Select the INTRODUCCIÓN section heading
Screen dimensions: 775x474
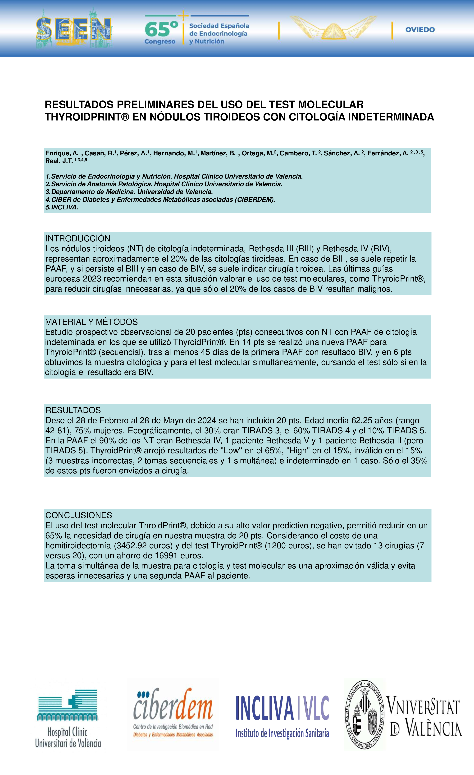[x=78, y=238]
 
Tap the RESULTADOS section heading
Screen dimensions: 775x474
[x=73, y=410]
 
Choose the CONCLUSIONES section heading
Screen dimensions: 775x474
[x=79, y=515]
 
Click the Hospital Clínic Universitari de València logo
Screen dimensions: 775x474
[x=68, y=719]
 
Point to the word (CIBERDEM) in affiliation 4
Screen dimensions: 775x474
[x=255, y=199]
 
